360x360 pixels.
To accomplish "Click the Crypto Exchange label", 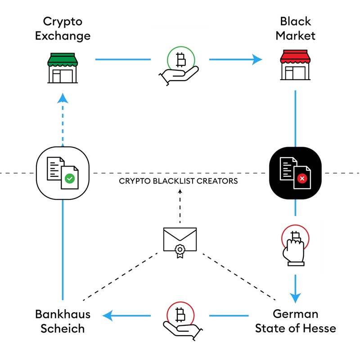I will point(63,28).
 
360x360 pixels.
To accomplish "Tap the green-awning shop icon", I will point(63,67).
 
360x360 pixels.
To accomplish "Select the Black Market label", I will point(296,28).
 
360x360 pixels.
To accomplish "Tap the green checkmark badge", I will point(70,179).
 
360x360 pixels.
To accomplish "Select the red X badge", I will point(302,179).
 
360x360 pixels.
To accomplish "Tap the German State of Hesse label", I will point(296,321).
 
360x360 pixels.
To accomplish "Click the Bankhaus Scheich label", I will point(63,321).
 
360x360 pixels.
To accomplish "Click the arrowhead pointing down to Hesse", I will point(295,297).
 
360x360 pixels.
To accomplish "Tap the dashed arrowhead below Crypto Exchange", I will point(63,98).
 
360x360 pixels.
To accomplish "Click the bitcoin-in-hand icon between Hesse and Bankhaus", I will point(179,320).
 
